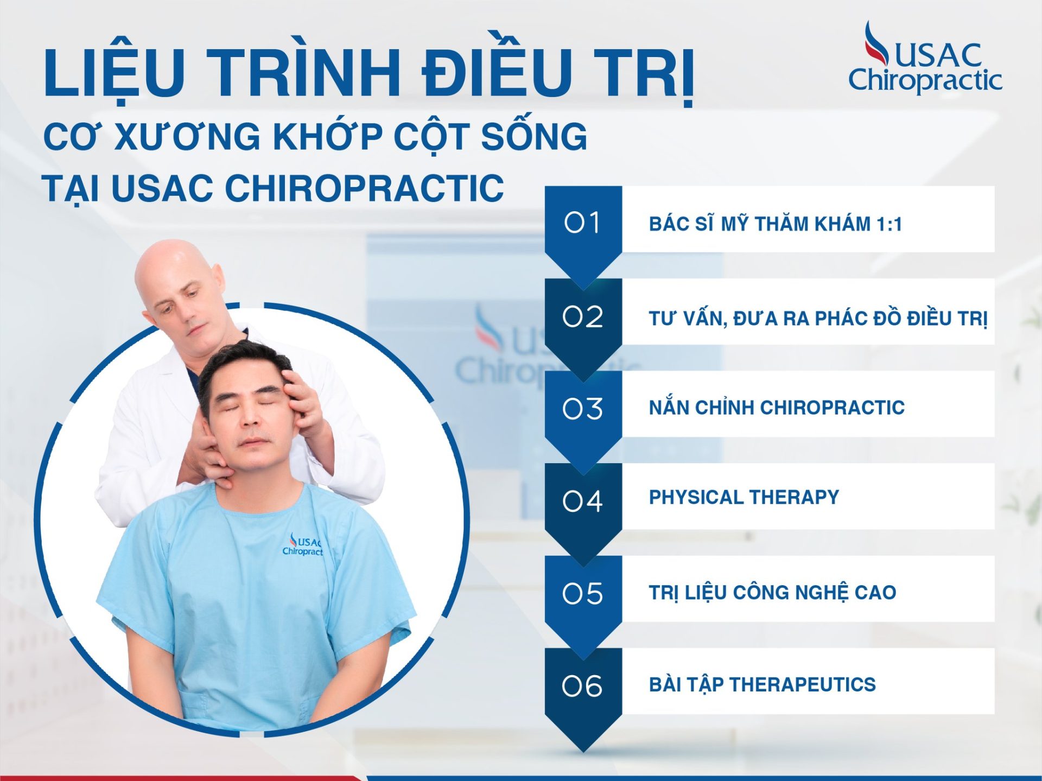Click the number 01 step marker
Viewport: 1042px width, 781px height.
pos(582,223)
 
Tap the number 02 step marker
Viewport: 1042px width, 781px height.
pos(582,316)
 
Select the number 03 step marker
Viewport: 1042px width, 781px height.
pos(582,409)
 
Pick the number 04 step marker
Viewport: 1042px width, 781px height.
pos(582,501)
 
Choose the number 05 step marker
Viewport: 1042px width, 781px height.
pos(582,593)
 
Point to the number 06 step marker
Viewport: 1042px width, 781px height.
pos(582,686)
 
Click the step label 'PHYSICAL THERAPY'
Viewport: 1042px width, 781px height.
pos(744,497)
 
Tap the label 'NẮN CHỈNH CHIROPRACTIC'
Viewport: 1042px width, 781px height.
pos(777,407)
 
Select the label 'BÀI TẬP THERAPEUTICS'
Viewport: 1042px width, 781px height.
pos(762,684)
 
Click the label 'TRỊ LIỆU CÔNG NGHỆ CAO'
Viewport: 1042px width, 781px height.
pos(772,592)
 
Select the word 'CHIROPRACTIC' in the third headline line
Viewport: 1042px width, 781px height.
pos(364,188)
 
